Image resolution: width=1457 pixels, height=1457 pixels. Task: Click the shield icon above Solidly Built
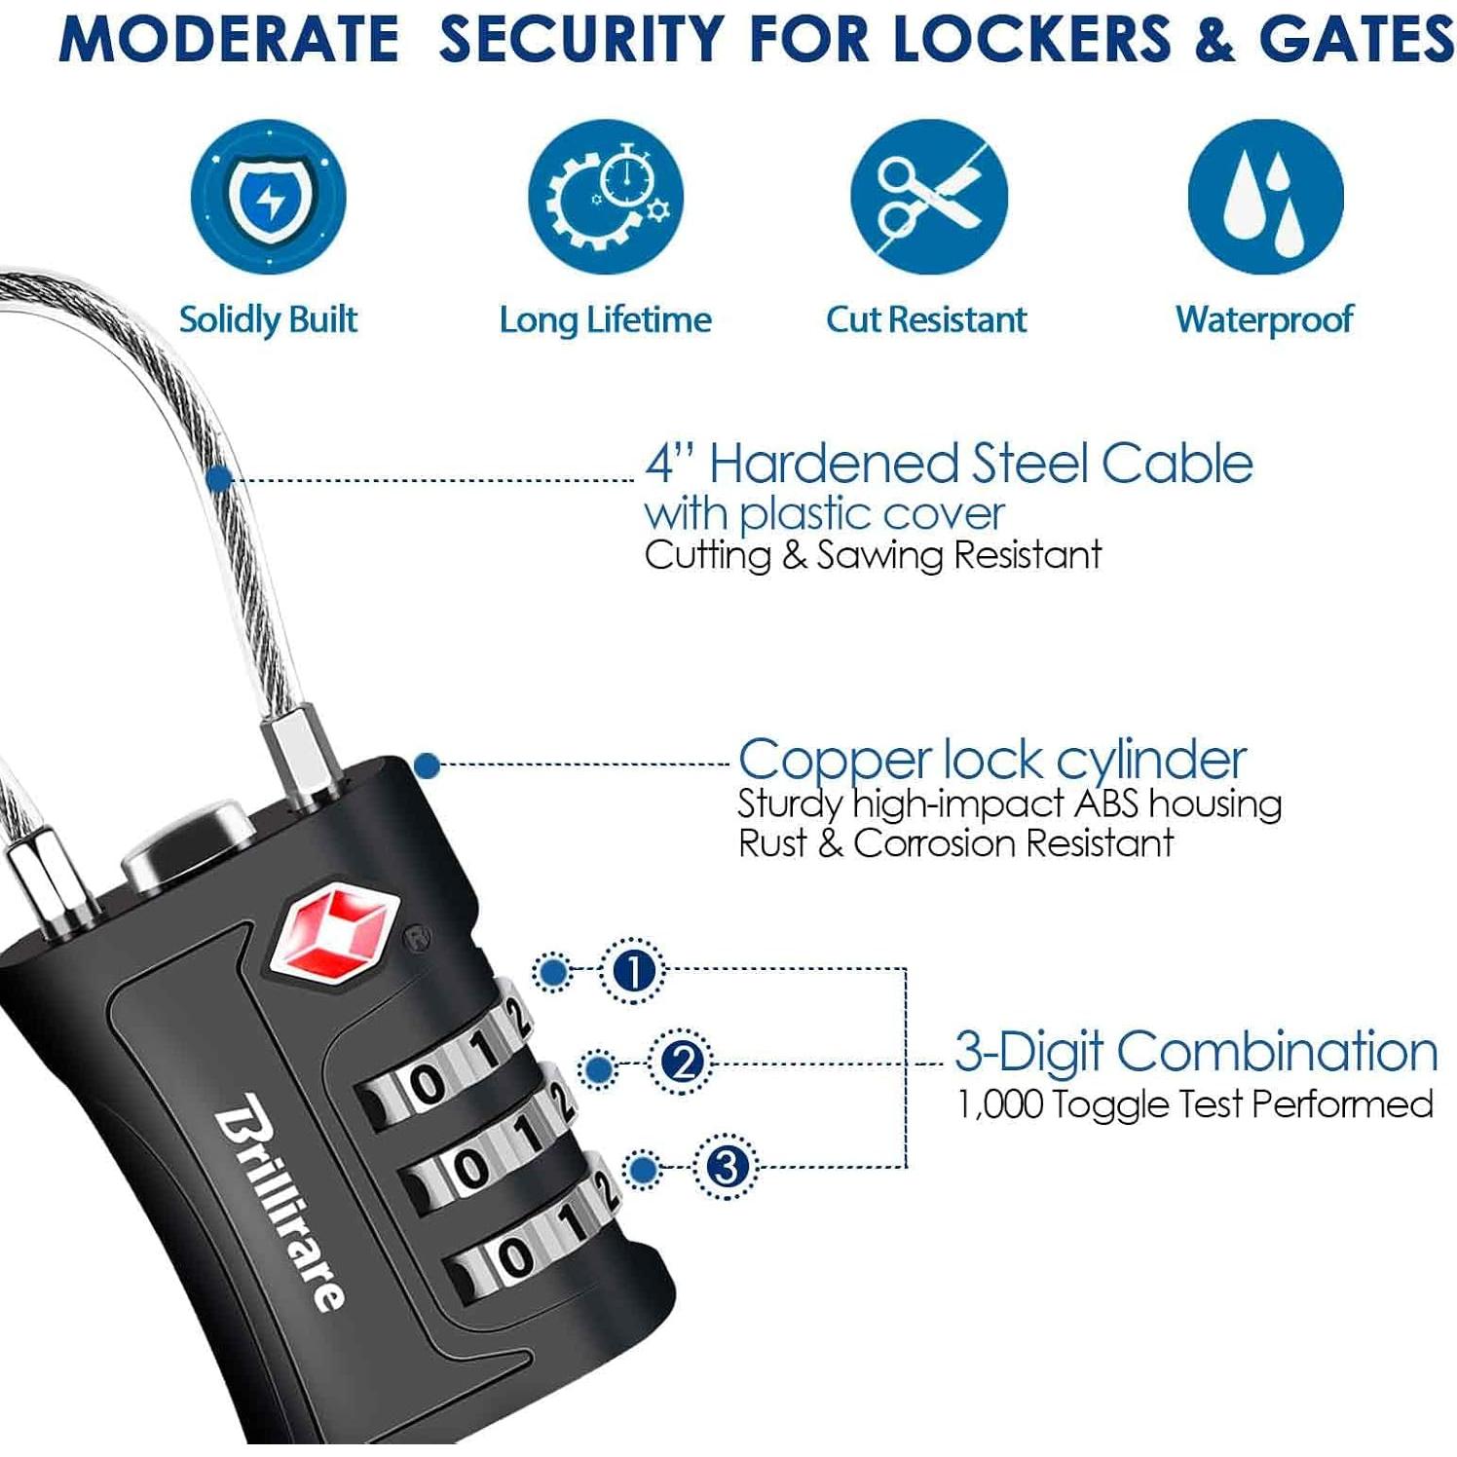pyautogui.click(x=268, y=198)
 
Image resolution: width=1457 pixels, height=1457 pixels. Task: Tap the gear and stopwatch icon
pyautogui.click(x=605, y=198)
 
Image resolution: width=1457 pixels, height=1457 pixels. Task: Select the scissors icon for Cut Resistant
pyautogui.click(x=928, y=198)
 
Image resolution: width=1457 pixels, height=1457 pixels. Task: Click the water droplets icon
pyautogui.click(x=1265, y=198)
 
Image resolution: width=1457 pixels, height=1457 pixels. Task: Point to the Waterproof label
pyautogui.click(x=1264, y=319)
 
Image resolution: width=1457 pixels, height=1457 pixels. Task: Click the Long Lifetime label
pyautogui.click(x=605, y=319)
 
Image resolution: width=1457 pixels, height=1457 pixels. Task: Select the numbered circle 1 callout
pyautogui.click(x=633, y=971)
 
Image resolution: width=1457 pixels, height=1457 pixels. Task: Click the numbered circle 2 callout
pyautogui.click(x=681, y=1062)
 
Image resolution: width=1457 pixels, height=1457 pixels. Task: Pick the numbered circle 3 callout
pyautogui.click(x=727, y=1166)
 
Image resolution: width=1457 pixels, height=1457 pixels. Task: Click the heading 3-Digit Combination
pyautogui.click(x=1195, y=1052)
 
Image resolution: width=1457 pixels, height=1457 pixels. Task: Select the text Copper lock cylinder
pyautogui.click(x=991, y=760)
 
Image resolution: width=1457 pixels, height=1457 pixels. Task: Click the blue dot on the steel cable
pyautogui.click(x=220, y=478)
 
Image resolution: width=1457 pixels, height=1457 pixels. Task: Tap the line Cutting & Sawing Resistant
pyautogui.click(x=873, y=555)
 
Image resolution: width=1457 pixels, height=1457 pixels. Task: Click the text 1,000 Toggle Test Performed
pyautogui.click(x=1195, y=1104)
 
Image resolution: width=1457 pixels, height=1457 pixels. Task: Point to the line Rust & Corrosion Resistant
pyautogui.click(x=955, y=843)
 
